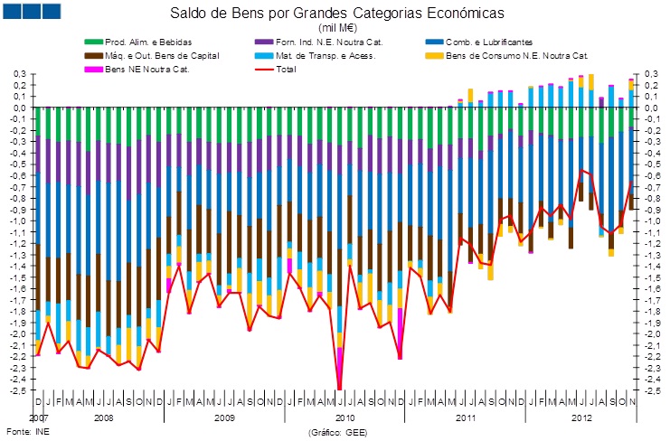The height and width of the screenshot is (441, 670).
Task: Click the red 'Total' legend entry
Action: pyautogui.click(x=285, y=69)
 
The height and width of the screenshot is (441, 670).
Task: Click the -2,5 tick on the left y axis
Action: pyautogui.click(x=17, y=390)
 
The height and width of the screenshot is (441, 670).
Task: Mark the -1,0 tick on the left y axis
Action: pyautogui.click(x=17, y=220)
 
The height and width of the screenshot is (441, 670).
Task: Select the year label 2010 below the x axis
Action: pyautogui.click(x=344, y=419)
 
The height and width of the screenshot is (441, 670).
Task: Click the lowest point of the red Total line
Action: pyautogui.click(x=339, y=389)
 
